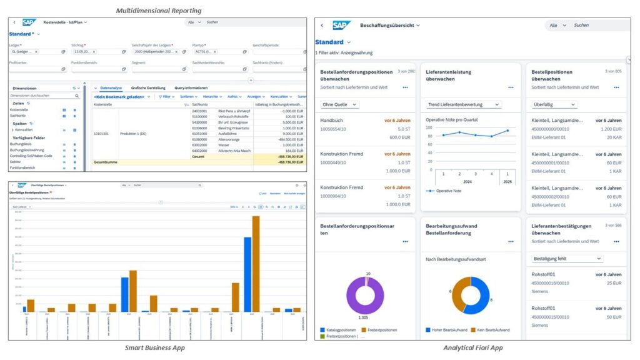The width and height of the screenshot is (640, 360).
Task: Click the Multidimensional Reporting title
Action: point(159,11)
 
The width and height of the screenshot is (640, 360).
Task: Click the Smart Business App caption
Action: point(154,347)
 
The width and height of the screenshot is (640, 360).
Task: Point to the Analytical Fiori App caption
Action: point(472,347)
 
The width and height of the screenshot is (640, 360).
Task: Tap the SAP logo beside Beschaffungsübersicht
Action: point(341,26)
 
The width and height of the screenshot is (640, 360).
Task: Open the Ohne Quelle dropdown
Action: point(339,104)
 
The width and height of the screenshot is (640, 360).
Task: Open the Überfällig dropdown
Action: point(554,104)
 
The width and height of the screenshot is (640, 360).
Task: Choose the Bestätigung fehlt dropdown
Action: point(567,258)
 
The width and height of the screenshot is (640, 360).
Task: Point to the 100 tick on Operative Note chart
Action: point(429,127)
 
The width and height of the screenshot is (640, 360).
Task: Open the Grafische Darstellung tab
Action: point(148,88)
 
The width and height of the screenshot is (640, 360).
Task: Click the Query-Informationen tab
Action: point(191,88)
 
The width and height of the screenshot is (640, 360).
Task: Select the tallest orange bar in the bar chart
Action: point(256,263)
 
